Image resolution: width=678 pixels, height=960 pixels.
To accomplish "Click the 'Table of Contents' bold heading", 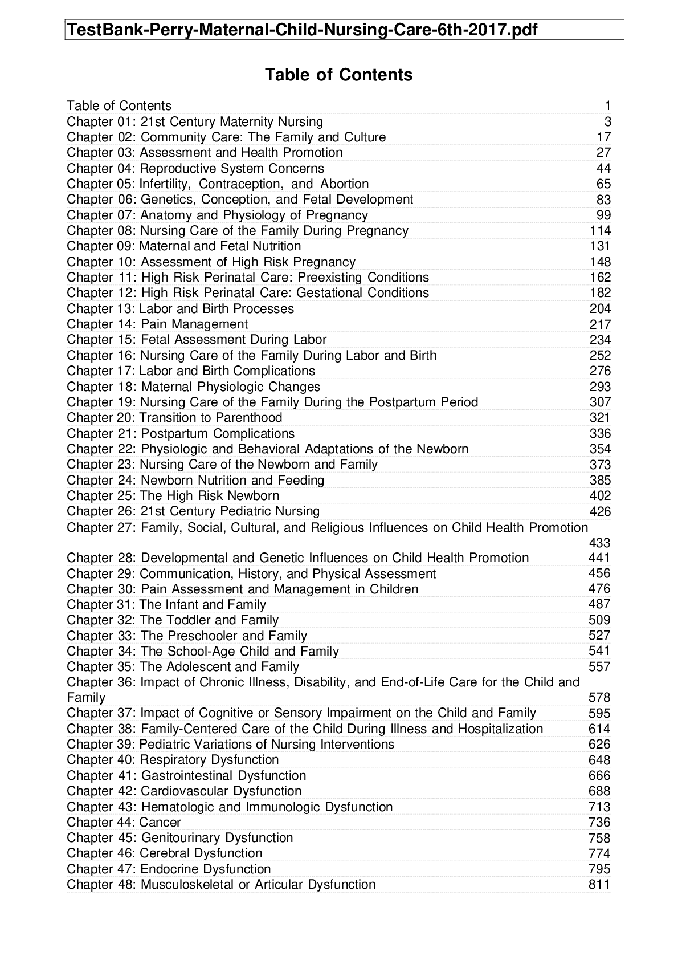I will coord(338,75).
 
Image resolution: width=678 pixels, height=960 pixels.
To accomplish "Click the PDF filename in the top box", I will coord(302,30).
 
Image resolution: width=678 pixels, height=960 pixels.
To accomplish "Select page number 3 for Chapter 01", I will coord(607,121).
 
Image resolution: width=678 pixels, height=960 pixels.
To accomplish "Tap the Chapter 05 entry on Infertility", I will coord(218,184).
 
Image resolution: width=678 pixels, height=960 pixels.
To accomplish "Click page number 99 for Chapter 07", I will coord(603,215).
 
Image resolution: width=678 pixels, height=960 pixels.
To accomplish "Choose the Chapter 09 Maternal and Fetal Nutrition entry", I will coord(183,246).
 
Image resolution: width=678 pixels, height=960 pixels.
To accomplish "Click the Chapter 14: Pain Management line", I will coord(157,324).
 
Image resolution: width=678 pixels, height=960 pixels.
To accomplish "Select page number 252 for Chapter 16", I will coord(600,355).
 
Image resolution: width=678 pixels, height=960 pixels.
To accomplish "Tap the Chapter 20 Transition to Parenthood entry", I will coord(174,417).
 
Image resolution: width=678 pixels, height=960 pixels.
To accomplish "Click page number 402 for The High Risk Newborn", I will coord(600,495).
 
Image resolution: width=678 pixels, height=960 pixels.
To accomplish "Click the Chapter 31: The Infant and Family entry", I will coord(166,604).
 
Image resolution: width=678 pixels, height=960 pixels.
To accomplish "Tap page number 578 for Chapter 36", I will coord(599,698).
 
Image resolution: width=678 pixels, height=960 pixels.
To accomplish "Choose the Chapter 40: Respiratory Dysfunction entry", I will coord(173,760).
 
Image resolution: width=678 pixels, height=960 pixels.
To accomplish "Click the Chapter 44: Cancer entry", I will coord(124,822).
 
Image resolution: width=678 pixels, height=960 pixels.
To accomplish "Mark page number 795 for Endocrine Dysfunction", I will coord(599,869).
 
